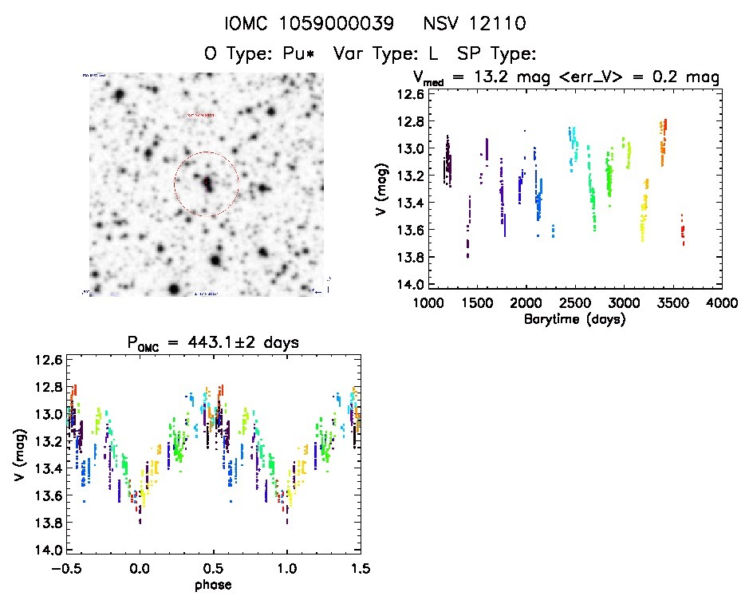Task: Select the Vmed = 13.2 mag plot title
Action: tap(566, 77)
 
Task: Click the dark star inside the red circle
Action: tap(208, 184)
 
